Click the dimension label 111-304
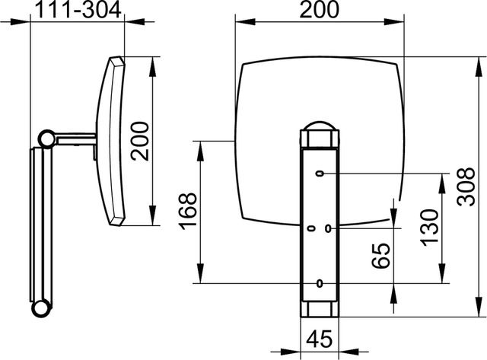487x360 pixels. click(78, 10)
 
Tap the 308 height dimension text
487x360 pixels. click(466, 186)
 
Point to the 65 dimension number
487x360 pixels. click(380, 256)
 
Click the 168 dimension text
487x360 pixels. click(188, 212)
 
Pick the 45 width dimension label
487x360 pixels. click(320, 338)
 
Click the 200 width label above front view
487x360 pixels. click(320, 10)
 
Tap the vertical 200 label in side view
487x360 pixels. click(140, 141)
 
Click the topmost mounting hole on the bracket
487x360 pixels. click(320, 174)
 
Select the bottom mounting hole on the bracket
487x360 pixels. click(320, 283)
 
